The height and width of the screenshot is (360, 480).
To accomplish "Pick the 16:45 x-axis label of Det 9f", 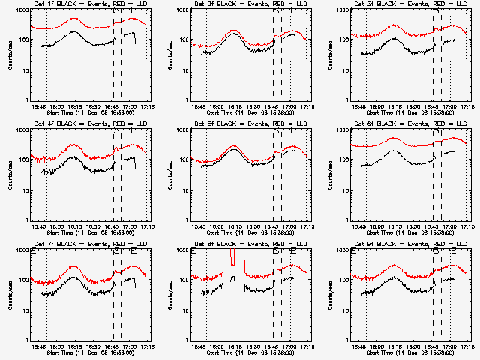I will click(432, 346).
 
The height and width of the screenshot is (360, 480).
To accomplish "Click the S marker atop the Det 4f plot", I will click(116, 130).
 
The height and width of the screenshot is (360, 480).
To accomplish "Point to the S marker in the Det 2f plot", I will click(276, 10).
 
